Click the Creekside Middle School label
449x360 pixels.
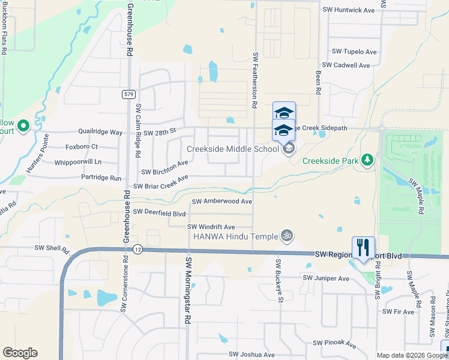click(x=233, y=149)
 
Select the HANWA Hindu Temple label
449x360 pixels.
click(x=235, y=236)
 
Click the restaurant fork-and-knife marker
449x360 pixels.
click(x=363, y=247)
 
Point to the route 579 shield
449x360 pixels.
click(x=128, y=94)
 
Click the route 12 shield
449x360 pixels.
click(x=137, y=250)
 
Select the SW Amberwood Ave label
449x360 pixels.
click(x=221, y=202)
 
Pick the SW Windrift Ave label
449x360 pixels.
click(x=211, y=227)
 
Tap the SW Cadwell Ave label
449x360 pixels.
click(x=346, y=65)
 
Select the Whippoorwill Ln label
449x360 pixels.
click(x=77, y=162)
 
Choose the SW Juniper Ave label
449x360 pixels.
click(x=325, y=278)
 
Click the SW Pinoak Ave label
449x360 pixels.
click(x=334, y=344)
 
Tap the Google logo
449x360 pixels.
click(x=20, y=353)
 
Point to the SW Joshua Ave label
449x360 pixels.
click(x=252, y=355)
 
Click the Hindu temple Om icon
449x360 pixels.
click(x=287, y=236)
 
